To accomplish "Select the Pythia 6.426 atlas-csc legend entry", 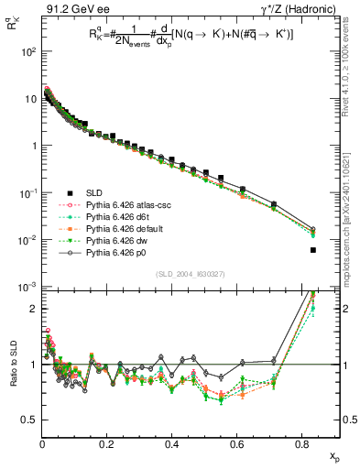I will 103,204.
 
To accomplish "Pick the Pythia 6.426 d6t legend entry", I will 95,216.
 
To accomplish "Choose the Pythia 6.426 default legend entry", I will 100,228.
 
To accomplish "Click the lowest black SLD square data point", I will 313,250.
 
